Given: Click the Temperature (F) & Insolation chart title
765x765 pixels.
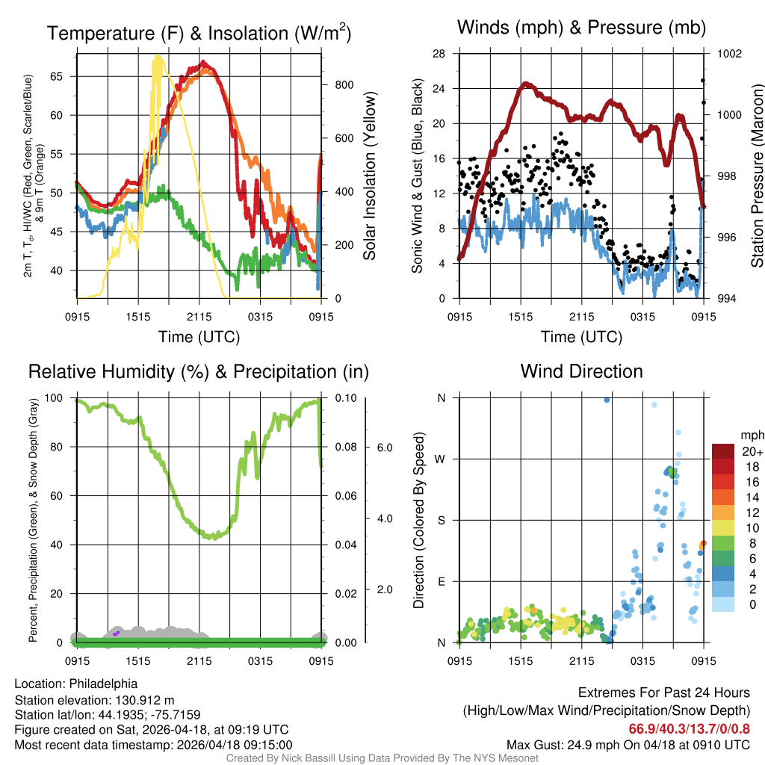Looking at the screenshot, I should [x=199, y=33].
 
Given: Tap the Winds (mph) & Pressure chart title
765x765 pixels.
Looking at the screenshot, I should [x=581, y=28].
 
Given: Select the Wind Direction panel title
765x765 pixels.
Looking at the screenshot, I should [x=581, y=371].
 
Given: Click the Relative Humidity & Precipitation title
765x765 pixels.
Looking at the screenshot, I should [x=198, y=371].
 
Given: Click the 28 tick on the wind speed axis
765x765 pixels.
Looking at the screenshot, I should [x=439, y=54].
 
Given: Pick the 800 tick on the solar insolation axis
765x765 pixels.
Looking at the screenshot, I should [x=344, y=85].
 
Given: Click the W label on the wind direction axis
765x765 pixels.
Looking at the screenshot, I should [x=441, y=459].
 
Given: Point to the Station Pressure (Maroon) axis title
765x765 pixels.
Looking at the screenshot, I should [x=757, y=176].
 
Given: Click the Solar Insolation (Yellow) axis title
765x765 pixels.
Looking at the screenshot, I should [x=370, y=176].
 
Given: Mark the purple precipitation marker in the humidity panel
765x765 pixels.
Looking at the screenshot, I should [x=117, y=634].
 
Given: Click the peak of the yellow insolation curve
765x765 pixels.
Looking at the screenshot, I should [x=158, y=57].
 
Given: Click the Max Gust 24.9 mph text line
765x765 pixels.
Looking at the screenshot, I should [x=628, y=745].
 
